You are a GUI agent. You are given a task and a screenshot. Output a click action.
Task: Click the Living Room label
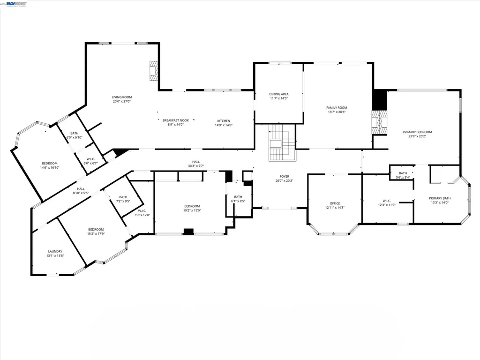121,97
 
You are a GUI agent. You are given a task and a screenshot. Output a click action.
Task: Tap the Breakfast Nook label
175,120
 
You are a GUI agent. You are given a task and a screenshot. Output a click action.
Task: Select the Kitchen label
224,120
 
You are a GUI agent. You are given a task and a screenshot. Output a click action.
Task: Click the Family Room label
337,107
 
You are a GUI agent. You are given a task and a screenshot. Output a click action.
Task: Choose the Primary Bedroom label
417,132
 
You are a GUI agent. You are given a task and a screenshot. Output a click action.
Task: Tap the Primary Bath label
439,198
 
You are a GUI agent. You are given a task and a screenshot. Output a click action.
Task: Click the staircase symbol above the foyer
280,142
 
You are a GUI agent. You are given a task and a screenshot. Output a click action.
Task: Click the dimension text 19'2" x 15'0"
192,210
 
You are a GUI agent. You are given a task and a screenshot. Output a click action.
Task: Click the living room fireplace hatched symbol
153,71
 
